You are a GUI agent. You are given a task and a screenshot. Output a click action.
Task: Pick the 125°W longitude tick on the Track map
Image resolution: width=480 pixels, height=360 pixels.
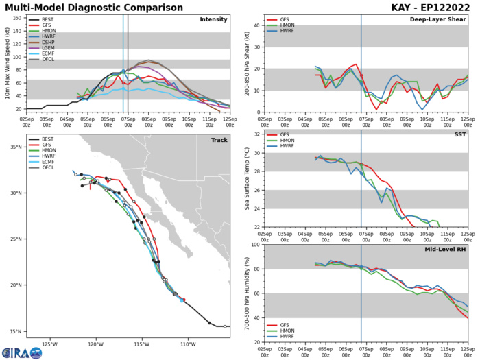coord(49,343)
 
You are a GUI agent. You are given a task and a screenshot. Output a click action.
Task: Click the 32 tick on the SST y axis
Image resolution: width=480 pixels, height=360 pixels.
coord(255,152)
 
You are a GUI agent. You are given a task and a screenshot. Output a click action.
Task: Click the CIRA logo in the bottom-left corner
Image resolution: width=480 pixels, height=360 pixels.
coord(21,352)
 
